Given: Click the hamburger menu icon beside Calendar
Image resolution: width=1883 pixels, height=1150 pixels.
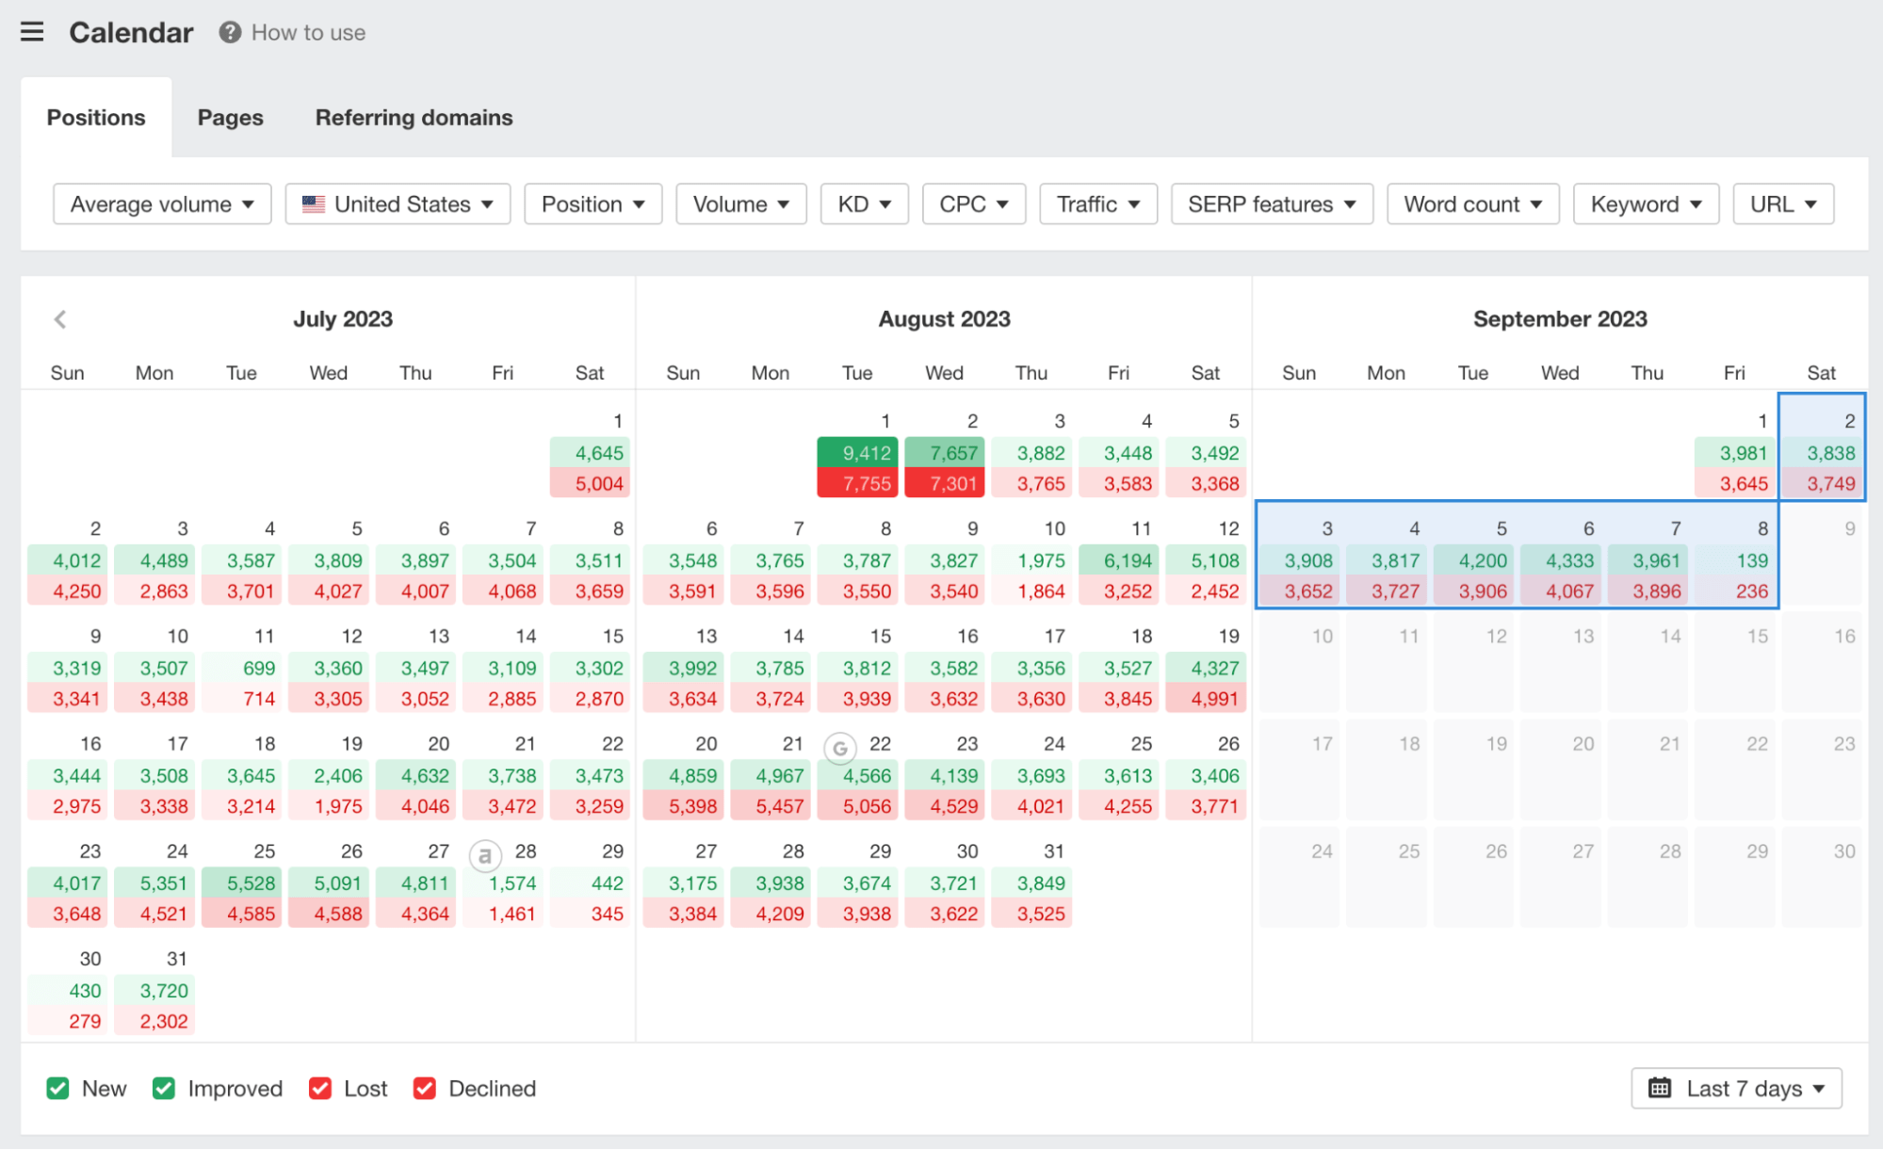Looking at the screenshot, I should click(x=32, y=32).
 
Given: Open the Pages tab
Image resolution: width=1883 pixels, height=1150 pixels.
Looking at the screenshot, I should click(x=230, y=118).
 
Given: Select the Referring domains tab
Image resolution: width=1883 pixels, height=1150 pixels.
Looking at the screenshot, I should click(x=414, y=118).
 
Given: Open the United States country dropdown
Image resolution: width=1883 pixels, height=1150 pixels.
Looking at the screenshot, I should click(x=398, y=204).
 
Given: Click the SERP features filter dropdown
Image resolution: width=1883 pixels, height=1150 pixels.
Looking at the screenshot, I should click(x=1272, y=204).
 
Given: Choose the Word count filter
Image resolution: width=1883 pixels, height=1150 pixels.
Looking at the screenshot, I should click(x=1472, y=204).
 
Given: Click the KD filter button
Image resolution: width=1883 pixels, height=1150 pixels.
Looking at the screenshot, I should click(x=864, y=204).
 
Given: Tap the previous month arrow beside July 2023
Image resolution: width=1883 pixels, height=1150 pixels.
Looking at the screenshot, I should click(x=60, y=319).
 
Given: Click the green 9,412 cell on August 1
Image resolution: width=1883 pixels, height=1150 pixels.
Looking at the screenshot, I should click(x=857, y=453).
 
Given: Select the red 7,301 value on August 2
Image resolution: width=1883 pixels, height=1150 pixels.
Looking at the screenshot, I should click(x=945, y=484).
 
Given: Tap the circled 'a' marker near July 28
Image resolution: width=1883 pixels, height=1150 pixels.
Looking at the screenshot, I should click(x=485, y=856).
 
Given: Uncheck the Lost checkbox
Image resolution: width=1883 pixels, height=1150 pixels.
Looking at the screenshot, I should click(x=320, y=1089).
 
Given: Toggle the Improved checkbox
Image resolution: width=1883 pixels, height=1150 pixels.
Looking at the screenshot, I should click(x=164, y=1089).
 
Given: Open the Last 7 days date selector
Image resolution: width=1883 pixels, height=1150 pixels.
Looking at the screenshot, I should click(x=1736, y=1089).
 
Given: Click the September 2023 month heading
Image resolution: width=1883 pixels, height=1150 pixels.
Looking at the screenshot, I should click(x=1560, y=319).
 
